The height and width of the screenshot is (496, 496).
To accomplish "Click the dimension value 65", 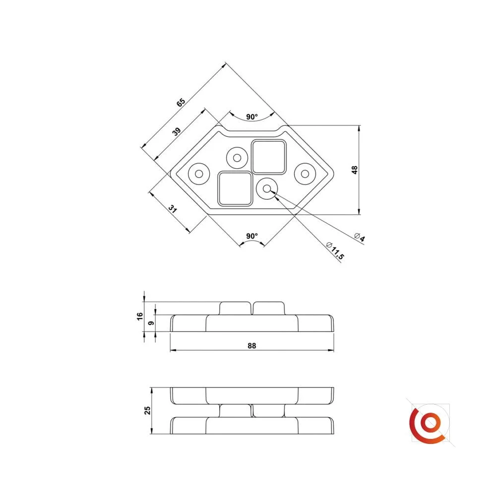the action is tap(181, 103).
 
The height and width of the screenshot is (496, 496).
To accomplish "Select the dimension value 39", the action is tap(177, 131).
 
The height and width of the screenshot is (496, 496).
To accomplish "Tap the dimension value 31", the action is tap(173, 209).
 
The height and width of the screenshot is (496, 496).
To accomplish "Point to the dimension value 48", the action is tap(355, 170).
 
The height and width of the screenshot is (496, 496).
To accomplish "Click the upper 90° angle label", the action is tap(252, 117).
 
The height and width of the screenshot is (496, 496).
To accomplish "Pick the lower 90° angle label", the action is tap(252, 236).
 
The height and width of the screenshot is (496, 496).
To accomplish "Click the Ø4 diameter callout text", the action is tap(360, 237).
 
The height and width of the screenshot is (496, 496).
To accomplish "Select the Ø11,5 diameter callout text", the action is tap(335, 250).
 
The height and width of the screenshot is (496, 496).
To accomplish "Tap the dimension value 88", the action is tap(252, 346).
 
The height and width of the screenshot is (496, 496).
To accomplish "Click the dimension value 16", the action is tap(140, 316).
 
